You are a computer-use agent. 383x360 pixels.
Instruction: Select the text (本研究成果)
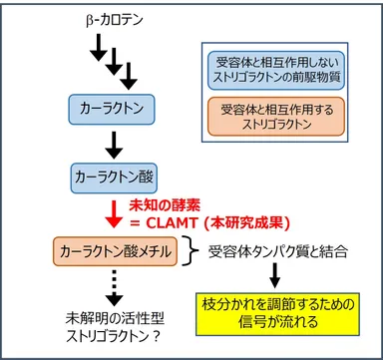(248, 220)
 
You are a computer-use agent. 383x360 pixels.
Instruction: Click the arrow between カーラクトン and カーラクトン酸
(111, 142)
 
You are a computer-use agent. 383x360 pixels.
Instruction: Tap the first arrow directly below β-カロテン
(96, 45)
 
